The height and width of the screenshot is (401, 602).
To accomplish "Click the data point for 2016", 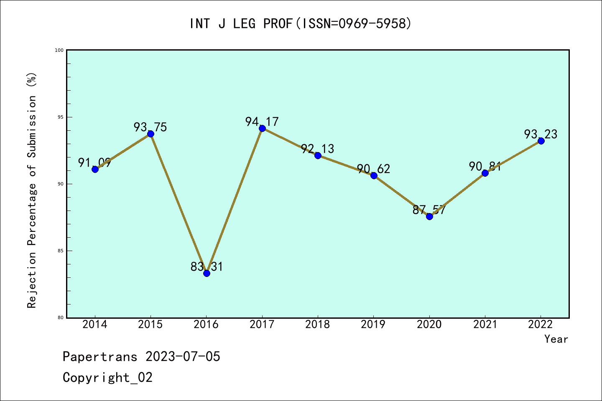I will [x=207, y=273].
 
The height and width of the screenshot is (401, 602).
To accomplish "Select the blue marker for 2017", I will [x=262, y=128].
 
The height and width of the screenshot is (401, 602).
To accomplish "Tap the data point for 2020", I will [x=429, y=216].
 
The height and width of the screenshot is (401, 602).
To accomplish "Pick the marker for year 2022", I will [x=541, y=141].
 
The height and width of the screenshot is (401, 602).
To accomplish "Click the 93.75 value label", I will [x=150, y=127].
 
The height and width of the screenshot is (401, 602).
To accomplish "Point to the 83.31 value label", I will [x=207, y=266].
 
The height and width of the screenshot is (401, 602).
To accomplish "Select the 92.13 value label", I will [x=318, y=149].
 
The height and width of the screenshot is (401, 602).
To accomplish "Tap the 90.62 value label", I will [x=373, y=169].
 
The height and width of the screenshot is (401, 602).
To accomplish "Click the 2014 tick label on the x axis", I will [x=95, y=325].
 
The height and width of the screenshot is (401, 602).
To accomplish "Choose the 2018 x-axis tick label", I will [x=318, y=325].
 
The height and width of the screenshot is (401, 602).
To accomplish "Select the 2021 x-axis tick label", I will [x=485, y=325].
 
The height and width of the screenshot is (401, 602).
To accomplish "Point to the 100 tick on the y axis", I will [x=59, y=50].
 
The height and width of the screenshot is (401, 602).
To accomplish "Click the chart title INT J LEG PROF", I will [x=301, y=24].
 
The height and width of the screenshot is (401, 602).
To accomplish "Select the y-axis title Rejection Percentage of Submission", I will [x=32, y=190].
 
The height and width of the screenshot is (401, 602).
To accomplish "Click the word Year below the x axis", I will [x=556, y=339].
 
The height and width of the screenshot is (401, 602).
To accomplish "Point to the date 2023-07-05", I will [x=183, y=357].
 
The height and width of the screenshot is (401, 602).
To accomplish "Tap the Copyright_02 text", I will [x=108, y=377].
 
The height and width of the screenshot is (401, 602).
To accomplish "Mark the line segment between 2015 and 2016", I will [x=179, y=203].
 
